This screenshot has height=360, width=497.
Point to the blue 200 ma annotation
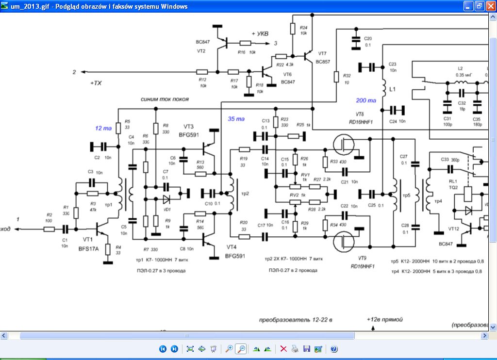365,101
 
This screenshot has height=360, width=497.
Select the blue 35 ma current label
236,119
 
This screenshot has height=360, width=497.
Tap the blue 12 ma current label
103,129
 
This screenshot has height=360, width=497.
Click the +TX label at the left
96,83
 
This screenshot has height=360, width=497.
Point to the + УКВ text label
261,33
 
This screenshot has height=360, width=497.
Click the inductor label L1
393,91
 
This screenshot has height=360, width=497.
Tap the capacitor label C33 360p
451,159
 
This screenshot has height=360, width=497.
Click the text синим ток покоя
165,99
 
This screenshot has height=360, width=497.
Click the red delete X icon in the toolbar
283,349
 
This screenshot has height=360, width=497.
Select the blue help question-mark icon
333,349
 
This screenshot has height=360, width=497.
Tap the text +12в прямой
385,319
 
